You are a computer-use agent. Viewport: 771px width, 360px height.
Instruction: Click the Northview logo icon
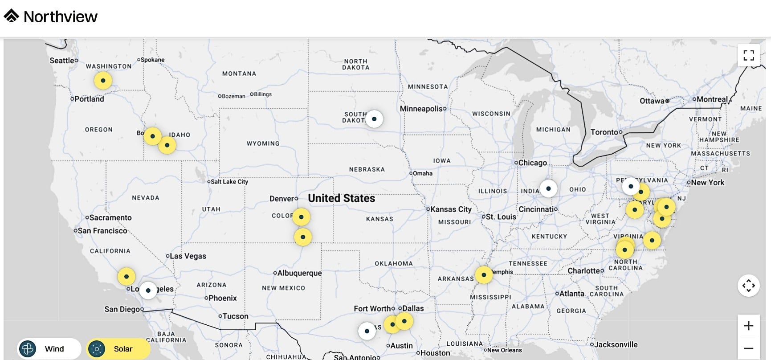pyautogui.click(x=12, y=16)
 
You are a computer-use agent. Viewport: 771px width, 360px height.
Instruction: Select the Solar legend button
pyautogui.click(x=118, y=349)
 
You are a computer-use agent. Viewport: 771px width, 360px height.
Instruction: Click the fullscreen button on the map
pyautogui.click(x=748, y=55)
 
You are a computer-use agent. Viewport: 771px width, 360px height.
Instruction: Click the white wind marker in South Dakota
pyautogui.click(x=374, y=119)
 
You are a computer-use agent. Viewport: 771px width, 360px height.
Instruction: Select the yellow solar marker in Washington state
pyautogui.click(x=103, y=81)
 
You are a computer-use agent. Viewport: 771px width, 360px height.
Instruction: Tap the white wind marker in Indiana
pyautogui.click(x=548, y=188)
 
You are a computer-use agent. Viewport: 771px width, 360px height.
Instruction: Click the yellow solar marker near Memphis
pyautogui.click(x=484, y=275)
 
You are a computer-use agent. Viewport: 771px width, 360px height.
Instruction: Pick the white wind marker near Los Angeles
pyautogui.click(x=148, y=290)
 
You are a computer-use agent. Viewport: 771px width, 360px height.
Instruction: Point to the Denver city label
pyautogui.click(x=282, y=199)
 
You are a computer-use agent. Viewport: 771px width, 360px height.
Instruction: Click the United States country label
pyautogui.click(x=342, y=198)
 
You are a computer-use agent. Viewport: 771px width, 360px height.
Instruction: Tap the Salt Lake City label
pyautogui.click(x=229, y=182)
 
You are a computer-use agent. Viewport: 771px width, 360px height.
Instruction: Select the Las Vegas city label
pyautogui.click(x=188, y=256)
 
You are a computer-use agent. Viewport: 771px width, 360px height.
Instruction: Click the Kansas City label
pyautogui.click(x=450, y=209)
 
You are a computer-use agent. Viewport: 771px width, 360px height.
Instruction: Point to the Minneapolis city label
pyautogui.click(x=421, y=109)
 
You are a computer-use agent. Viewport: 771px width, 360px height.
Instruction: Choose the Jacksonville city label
pyautogui.click(x=616, y=344)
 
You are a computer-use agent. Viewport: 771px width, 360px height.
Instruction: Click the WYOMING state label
pyautogui.click(x=263, y=143)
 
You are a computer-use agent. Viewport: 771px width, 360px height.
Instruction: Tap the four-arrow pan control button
pyautogui.click(x=748, y=286)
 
